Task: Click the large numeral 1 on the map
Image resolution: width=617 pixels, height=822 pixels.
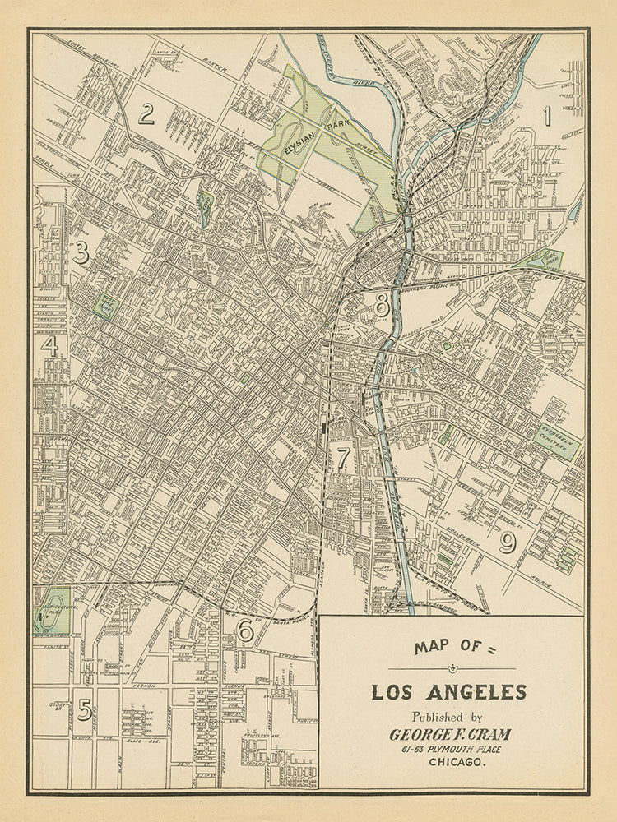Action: click(546, 116)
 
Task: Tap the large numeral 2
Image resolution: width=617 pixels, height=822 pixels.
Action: click(146, 113)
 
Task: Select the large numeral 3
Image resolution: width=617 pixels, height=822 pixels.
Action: click(80, 252)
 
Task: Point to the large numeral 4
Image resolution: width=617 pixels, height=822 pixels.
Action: click(51, 345)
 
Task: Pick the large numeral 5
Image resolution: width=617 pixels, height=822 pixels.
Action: click(84, 709)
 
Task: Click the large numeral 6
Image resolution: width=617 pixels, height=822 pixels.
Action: click(244, 630)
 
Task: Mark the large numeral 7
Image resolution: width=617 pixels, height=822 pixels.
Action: click(343, 457)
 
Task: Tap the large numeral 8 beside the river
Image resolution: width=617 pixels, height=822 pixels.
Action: click(382, 305)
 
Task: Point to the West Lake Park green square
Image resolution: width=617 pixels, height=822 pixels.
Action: click(105, 307)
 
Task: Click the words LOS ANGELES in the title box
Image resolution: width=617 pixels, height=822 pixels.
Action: click(448, 691)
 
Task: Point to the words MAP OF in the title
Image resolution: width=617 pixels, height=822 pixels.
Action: click(444, 647)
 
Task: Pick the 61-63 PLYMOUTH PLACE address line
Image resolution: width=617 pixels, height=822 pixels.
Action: click(450, 748)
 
